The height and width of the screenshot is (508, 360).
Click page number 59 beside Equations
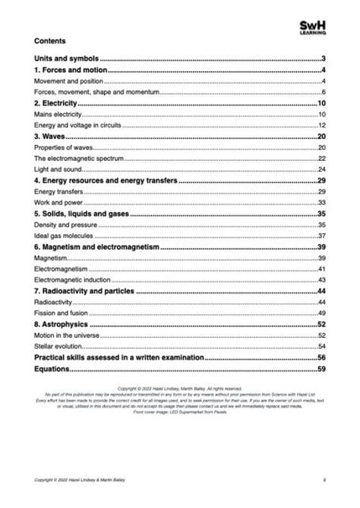[321, 369]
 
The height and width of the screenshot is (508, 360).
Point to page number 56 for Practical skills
[321, 357]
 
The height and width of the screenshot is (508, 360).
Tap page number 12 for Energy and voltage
[322, 125]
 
